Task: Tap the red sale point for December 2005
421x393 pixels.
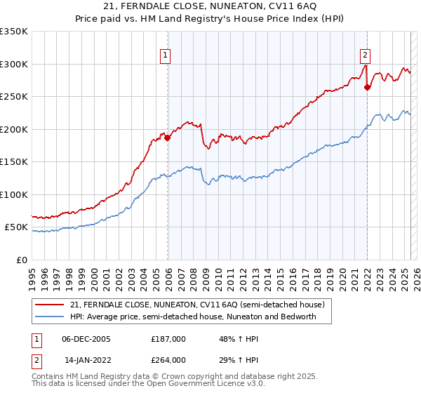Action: (167, 138)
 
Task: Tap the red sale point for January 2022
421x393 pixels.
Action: (367, 88)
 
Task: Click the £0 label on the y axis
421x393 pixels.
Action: (21, 260)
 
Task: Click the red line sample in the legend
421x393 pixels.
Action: (49, 305)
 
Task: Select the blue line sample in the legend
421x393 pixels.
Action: (49, 317)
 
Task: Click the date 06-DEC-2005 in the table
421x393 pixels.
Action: (86, 338)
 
